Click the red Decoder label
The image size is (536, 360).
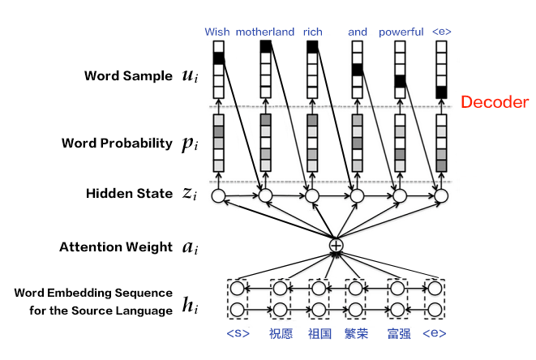point(495,102)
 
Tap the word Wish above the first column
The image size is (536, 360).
point(217,32)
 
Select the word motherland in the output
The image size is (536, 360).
point(265,32)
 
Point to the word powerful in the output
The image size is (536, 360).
point(401,32)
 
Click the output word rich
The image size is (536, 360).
point(312,32)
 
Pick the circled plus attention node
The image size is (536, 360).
point(336,244)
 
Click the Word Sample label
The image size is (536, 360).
point(128,76)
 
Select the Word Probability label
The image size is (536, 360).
point(116,144)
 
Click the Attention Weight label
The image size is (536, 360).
point(116,247)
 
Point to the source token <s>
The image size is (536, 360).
point(237,333)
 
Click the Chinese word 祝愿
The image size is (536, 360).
point(281,333)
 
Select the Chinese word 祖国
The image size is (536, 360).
point(319,333)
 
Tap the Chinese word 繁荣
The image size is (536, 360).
point(357,333)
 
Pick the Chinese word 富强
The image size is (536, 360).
point(398,333)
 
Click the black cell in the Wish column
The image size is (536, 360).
point(217,58)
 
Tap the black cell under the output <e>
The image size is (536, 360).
point(441,92)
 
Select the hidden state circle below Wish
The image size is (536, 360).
point(217,195)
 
